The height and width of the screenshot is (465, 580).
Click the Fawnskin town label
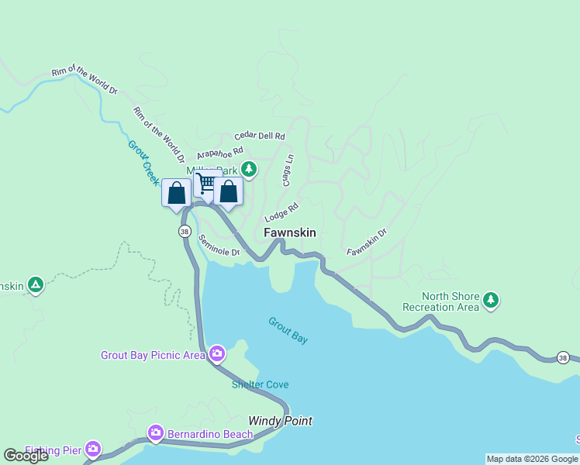289,232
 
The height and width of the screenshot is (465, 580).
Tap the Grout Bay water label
288,329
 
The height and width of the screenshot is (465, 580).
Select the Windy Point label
280,421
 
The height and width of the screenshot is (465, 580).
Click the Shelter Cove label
260,385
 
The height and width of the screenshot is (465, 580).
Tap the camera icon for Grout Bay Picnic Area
217,354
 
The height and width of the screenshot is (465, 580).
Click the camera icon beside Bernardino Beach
156,432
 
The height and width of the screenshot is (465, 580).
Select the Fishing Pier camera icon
93,448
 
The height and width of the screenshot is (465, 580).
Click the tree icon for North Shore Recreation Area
490,300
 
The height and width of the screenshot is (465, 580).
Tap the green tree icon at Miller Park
248,168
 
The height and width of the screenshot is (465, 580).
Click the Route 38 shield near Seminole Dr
184,232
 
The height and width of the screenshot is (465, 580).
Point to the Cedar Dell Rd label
260,136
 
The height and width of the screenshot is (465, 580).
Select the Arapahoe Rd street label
219,153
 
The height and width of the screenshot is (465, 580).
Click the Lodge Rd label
281,212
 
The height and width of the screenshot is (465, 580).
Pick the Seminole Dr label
219,246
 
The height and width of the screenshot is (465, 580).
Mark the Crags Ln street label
288,169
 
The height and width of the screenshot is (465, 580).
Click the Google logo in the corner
26,455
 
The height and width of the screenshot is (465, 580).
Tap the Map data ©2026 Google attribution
532,459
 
